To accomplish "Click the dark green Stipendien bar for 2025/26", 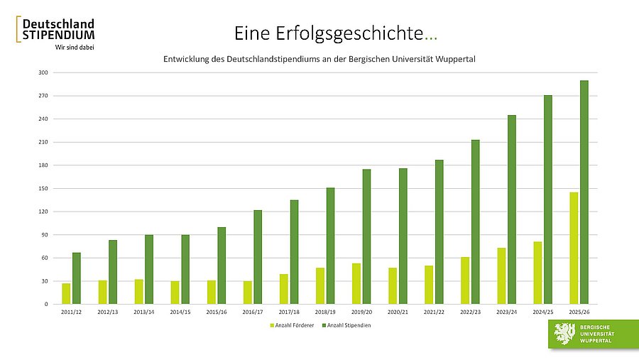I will click(x=584, y=192).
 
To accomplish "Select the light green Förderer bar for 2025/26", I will click(x=573, y=248).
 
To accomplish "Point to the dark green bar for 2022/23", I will click(x=475, y=222).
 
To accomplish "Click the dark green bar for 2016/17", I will click(x=258, y=256).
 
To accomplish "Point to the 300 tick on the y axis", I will click(x=43, y=72).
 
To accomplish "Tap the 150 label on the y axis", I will click(x=43, y=188).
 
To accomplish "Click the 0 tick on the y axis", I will click(x=46, y=304).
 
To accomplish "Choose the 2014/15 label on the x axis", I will click(x=180, y=312).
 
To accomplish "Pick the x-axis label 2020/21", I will click(x=398, y=312).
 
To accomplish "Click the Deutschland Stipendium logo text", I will click(x=58, y=29).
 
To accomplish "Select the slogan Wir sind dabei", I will click(x=75, y=47).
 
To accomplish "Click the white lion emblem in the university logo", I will click(x=565, y=333).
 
